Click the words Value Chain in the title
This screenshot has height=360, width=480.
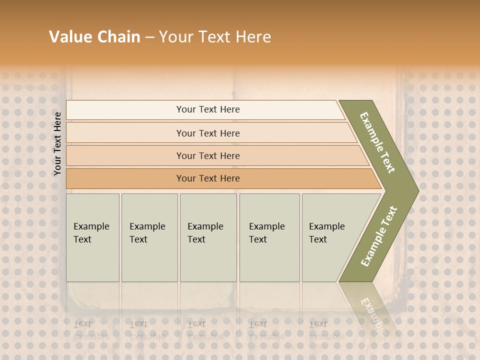tap(94, 37)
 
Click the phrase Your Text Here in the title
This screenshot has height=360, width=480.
tap(215, 37)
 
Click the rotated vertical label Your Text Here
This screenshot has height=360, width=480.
tap(57, 143)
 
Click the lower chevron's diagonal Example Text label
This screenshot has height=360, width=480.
tap(379, 236)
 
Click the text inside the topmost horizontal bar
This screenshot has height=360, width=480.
tap(208, 109)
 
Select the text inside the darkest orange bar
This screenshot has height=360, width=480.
tap(208, 178)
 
